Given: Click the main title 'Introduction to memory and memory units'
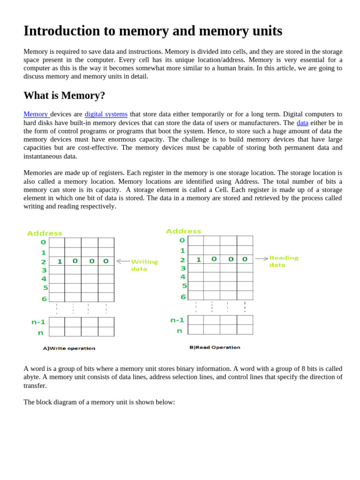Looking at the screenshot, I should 153,31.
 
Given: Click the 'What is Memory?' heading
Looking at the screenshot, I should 64,96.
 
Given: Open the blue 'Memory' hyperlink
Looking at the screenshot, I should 36,114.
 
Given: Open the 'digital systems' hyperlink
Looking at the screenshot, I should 106,114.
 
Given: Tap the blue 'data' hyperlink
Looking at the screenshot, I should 302,123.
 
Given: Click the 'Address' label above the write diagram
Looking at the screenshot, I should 45,233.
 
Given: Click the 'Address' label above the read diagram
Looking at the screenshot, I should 183,232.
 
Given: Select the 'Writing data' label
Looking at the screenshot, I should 144,265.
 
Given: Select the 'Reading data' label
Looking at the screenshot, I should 284,262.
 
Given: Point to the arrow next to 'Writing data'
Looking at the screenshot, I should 123,261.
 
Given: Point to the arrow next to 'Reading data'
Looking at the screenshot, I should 262,258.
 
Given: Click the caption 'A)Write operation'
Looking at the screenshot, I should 69,348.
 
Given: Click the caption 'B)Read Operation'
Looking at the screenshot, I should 215,347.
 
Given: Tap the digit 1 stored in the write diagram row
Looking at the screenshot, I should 60,262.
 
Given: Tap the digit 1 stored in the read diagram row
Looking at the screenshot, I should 198,259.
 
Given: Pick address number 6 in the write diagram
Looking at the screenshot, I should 44,299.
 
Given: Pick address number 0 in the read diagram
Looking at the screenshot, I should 182,240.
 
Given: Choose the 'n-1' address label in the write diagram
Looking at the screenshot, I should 38,322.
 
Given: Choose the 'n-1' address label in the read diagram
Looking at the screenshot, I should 177,320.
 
